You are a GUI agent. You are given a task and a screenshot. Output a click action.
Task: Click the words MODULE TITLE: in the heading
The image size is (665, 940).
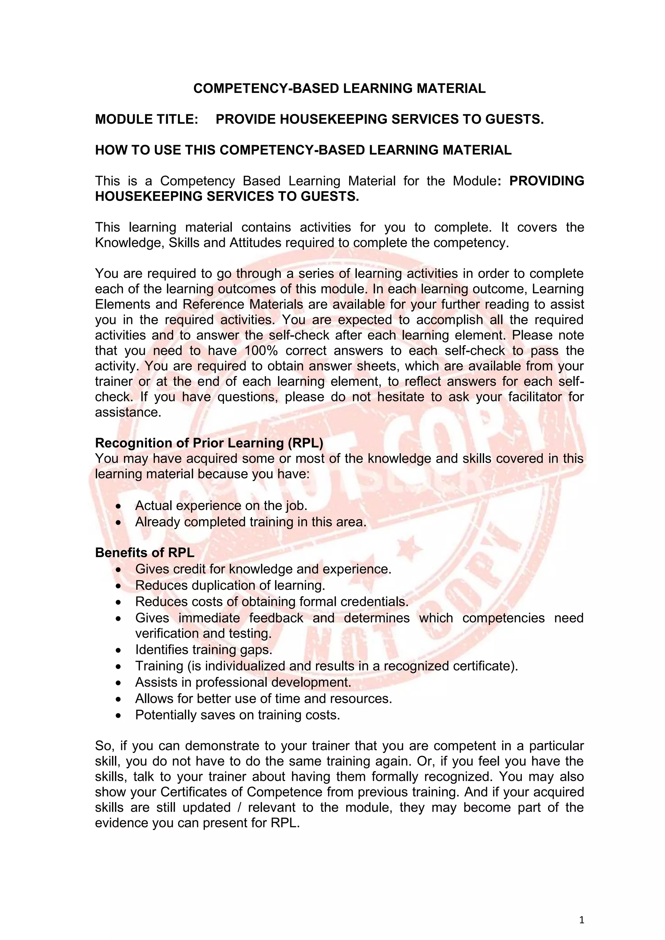click(146, 119)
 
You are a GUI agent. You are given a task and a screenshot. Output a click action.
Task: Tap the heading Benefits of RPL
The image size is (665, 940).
click(144, 553)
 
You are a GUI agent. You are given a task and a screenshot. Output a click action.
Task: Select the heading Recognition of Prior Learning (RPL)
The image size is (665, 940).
click(209, 443)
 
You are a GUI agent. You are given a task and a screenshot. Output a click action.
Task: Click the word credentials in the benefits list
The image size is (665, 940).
click(373, 602)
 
